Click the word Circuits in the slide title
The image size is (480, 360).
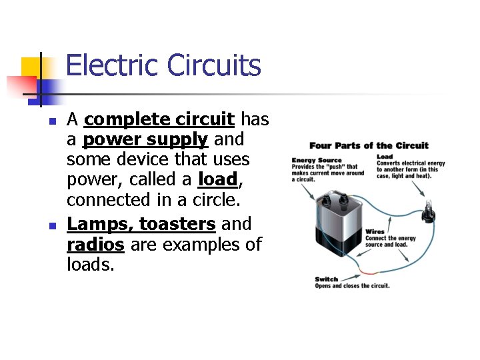point(214,66)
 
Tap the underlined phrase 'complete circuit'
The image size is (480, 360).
point(159,120)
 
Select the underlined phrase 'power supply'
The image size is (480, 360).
point(145,140)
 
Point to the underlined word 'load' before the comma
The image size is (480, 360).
point(217,180)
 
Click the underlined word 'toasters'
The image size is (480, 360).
point(177,223)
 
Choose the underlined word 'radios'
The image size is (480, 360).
point(95,244)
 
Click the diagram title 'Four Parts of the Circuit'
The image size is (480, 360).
point(369,145)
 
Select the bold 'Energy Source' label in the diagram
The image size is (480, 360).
point(317,160)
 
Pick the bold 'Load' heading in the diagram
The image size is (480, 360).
point(385,157)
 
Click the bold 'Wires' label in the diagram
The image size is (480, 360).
point(375,232)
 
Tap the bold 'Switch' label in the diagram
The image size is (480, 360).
point(327,279)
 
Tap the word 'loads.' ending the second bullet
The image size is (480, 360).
point(91,265)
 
